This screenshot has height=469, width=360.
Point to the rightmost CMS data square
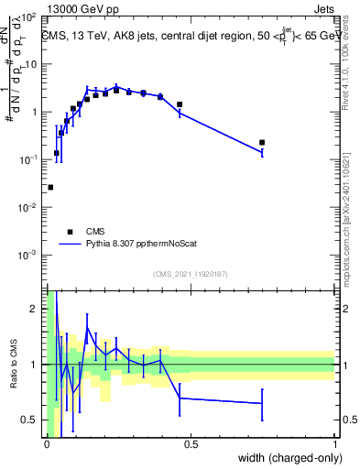(262, 142)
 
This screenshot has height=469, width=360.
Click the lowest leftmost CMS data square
(50, 187)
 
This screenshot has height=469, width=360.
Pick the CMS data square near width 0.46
(180, 104)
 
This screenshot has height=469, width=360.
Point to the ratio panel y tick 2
(37, 309)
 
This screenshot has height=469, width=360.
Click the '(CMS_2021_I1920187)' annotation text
(190, 273)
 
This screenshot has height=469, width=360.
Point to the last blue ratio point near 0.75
(262, 403)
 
